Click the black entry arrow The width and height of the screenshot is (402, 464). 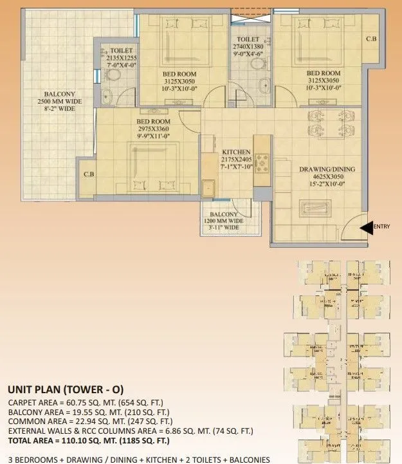[365, 227]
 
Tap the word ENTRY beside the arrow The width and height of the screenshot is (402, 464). [381, 227]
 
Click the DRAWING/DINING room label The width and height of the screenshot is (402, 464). [327, 170]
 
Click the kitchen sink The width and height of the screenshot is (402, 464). [208, 189]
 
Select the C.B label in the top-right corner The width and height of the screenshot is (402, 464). [371, 39]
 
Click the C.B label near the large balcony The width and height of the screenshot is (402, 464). [89, 174]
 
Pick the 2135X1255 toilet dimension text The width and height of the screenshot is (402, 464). [122, 57]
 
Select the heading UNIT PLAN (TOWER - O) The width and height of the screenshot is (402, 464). [65, 390]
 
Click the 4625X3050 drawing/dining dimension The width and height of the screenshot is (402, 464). [327, 177]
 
